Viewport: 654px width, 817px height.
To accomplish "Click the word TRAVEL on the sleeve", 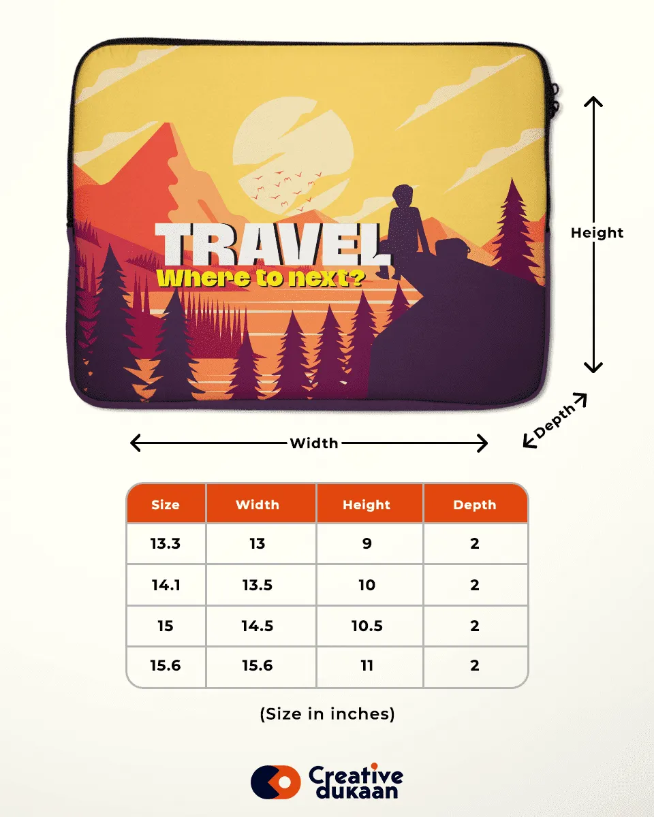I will click(272, 245).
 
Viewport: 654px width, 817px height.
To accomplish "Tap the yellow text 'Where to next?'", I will click(260, 278).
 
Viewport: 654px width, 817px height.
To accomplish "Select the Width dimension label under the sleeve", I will click(313, 443).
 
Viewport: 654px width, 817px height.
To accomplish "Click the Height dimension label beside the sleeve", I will click(597, 233).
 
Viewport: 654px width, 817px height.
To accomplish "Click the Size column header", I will click(166, 504).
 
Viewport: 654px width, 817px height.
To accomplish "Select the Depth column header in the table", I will click(475, 504).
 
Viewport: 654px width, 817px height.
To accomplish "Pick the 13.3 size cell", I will click(166, 543).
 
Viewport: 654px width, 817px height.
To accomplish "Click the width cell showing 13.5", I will click(258, 585).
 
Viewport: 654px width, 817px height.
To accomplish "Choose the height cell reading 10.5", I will click(367, 626).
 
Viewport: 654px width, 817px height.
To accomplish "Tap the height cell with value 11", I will click(367, 666).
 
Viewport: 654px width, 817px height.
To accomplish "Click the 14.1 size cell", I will click(166, 585).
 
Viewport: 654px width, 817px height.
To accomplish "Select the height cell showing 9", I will click(367, 543).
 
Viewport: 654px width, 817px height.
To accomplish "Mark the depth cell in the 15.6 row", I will click(475, 666).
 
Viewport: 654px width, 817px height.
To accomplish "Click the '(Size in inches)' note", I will click(327, 714).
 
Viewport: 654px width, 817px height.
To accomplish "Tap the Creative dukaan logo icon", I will click(275, 782).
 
